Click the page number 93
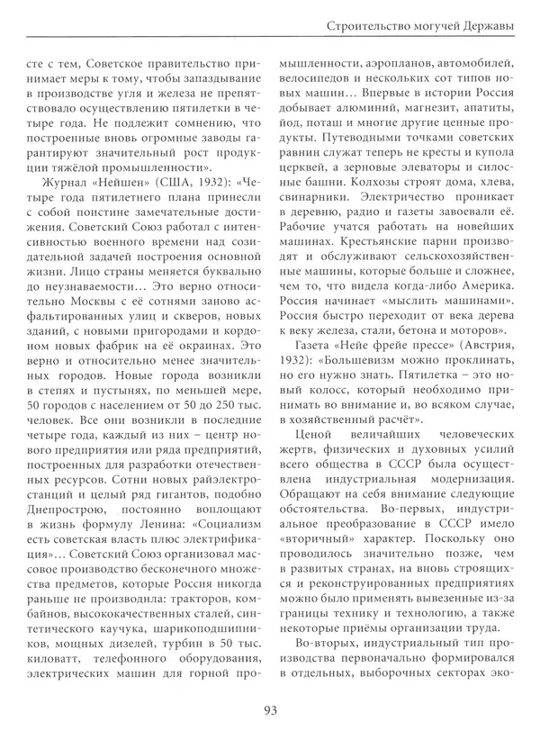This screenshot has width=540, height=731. [270, 707]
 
